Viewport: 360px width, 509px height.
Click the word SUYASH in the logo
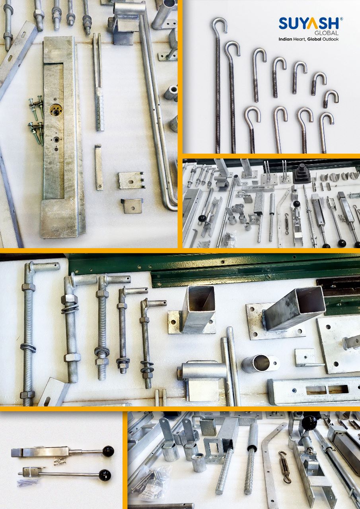click(309, 23)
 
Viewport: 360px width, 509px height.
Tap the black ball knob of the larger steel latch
click(108, 451)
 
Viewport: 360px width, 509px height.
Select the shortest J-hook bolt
click(331, 99)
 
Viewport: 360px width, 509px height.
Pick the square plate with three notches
click(131, 181)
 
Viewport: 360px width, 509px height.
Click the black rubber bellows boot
click(302, 174)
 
